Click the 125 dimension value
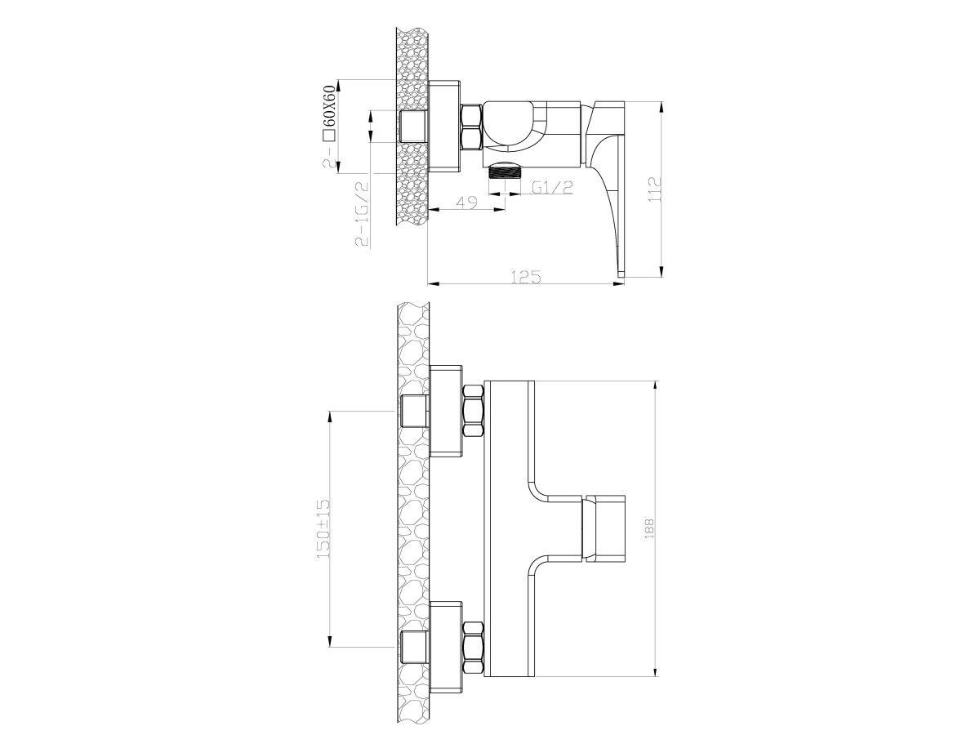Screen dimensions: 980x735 click(x=525, y=277)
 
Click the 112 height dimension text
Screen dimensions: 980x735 click(x=654, y=189)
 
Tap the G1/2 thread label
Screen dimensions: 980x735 click(x=552, y=188)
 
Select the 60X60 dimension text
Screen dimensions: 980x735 click(x=329, y=107)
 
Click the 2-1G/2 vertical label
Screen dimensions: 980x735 click(x=362, y=214)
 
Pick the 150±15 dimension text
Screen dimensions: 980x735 click(x=323, y=529)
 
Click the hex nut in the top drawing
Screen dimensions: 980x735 click(x=471, y=127)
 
